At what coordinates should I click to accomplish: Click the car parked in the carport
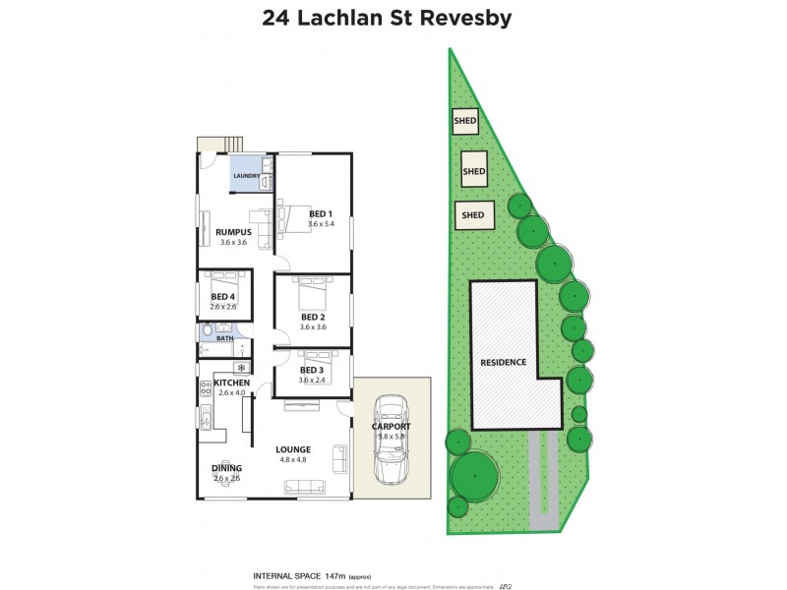click(392, 440)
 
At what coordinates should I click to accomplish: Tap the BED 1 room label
click(321, 213)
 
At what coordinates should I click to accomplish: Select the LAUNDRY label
click(247, 176)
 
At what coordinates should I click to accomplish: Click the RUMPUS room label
click(234, 232)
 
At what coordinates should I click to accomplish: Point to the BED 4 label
click(222, 297)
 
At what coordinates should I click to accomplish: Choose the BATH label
click(225, 338)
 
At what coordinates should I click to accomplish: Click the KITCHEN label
click(231, 383)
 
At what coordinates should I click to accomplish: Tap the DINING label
click(226, 468)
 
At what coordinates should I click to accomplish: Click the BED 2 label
click(312, 317)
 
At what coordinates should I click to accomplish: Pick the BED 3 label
click(312, 370)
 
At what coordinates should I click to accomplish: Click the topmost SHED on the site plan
click(464, 122)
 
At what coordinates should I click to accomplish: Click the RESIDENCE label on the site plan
click(503, 362)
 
